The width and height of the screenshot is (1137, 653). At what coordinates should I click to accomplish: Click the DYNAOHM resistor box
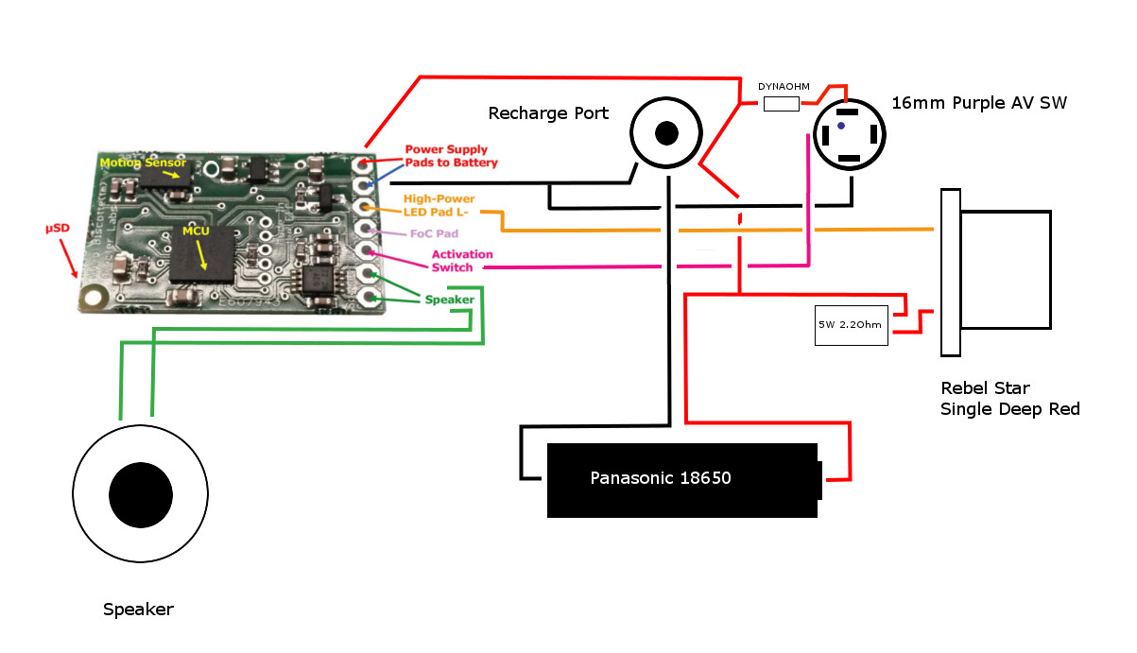click(x=781, y=104)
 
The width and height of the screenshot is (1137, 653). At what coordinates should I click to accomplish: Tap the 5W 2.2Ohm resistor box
click(x=851, y=325)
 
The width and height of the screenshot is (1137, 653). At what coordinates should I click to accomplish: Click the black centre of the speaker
click(x=141, y=494)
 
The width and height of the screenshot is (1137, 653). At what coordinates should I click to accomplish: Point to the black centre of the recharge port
click(x=667, y=133)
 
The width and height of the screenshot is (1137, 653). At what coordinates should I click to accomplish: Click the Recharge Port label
click(x=548, y=114)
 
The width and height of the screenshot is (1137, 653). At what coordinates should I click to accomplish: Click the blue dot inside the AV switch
click(x=841, y=126)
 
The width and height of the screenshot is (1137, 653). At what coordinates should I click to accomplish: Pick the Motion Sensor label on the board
click(x=132, y=163)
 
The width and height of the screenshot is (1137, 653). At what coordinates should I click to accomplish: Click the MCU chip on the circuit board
click(x=202, y=253)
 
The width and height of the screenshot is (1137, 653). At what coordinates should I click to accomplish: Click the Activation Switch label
click(x=452, y=261)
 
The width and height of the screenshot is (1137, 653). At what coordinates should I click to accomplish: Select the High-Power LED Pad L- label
click(x=439, y=205)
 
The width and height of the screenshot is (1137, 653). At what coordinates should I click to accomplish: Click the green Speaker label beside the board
click(x=448, y=300)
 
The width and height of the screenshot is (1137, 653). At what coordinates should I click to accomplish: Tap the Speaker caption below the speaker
click(x=138, y=610)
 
